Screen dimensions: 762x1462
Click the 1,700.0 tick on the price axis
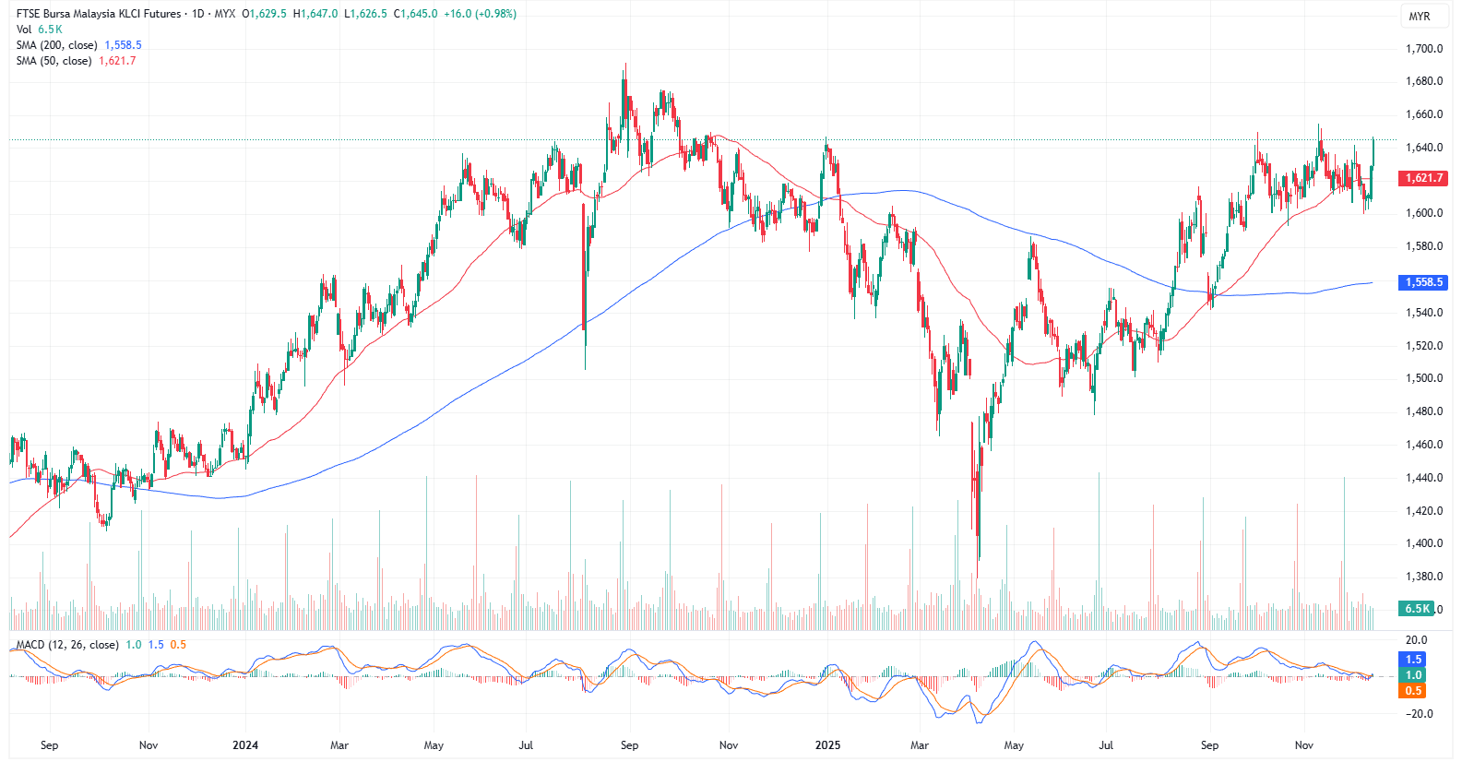1423,49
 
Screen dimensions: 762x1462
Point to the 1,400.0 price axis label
1423,543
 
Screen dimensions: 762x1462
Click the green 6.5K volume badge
1416,609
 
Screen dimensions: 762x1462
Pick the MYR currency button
1419,17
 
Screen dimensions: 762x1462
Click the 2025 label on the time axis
827,745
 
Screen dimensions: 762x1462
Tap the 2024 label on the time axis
245,745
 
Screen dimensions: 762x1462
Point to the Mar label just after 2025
919,745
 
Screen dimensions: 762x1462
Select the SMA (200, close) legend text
56,45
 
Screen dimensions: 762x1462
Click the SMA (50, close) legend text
53,61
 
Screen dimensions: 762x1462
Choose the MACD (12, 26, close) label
67,645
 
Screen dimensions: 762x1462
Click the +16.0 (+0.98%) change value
480,14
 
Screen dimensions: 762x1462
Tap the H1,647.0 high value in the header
315,14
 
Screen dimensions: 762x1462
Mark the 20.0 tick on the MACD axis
1416,640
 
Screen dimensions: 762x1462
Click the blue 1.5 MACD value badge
1414,660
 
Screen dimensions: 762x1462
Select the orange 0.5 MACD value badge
1414,691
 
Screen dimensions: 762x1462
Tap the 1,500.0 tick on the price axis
1423,378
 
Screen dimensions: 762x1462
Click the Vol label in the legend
24,30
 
